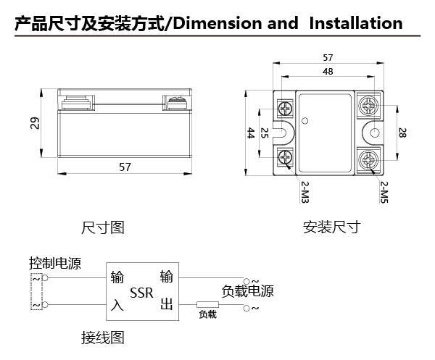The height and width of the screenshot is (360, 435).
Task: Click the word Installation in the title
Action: pos(355,23)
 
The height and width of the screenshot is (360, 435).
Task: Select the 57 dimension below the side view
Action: pos(125,167)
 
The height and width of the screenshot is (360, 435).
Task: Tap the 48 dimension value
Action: pos(328,72)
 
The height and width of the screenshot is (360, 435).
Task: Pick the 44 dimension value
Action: pos(250,133)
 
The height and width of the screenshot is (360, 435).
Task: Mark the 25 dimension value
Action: pos(265,133)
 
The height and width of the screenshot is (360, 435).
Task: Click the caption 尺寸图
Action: pos(102,227)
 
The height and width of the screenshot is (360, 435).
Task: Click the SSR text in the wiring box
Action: pos(141,293)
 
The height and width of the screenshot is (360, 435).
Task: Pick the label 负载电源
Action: pos(247,291)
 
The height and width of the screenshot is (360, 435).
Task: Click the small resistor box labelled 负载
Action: pos(207,306)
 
